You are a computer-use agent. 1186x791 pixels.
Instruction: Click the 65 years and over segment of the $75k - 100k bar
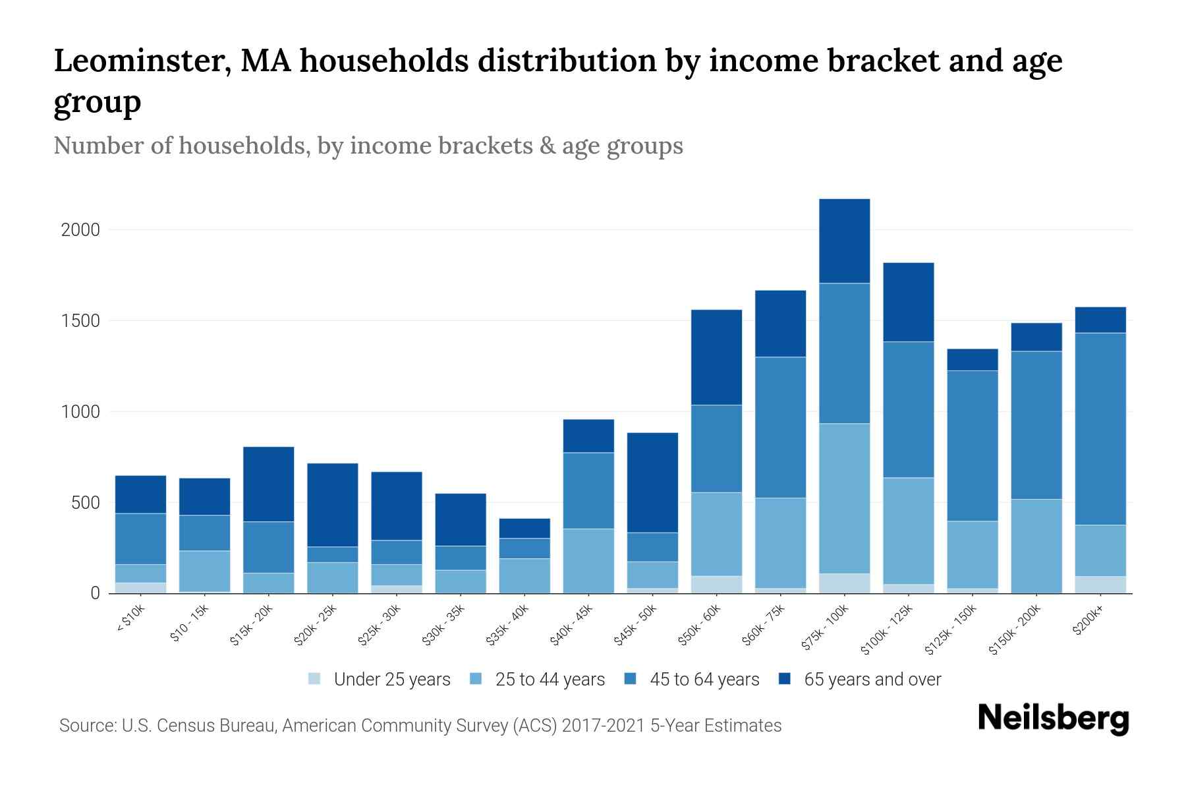844,241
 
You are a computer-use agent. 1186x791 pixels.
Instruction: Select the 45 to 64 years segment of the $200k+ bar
1100,428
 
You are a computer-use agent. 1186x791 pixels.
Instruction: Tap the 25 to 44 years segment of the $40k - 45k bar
588,560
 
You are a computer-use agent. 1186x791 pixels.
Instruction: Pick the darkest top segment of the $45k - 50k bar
652,482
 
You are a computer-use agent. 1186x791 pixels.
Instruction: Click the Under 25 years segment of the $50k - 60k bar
716,585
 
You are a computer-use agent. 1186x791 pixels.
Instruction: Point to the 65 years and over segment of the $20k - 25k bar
333,504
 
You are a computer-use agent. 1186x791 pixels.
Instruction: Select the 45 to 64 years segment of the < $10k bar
140,539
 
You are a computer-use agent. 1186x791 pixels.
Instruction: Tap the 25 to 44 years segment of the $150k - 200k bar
1036,546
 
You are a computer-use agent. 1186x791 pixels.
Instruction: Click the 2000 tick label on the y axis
80,230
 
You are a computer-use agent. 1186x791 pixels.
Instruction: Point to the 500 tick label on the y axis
86,503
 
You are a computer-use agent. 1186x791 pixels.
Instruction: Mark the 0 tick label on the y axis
95,593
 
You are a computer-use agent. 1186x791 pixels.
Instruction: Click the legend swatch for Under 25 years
315,678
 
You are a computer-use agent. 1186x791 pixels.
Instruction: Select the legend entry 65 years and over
872,679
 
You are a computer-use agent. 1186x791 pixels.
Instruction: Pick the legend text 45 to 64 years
704,679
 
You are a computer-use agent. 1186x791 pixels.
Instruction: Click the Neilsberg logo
1053,718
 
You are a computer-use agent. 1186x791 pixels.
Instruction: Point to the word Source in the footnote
86,726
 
